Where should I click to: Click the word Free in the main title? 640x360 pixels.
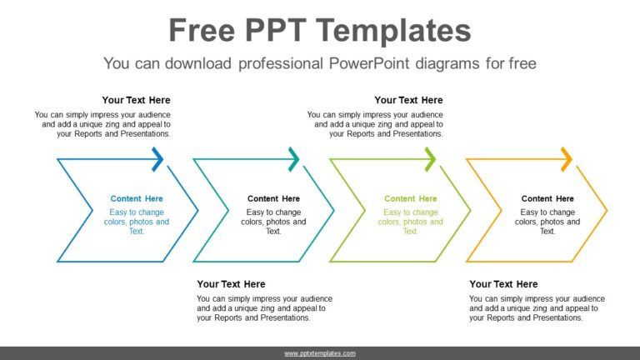tap(205, 31)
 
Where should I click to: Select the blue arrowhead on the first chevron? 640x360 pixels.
tap(157, 158)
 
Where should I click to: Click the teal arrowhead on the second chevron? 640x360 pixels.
tap(293, 158)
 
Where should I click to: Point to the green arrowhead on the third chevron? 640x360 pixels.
tap(430, 158)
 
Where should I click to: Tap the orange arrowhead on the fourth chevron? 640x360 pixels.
tap(567, 158)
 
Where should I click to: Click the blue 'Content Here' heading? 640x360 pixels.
tap(137, 198)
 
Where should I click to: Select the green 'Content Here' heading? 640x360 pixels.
tap(410, 198)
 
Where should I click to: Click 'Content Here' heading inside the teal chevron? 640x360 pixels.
tap(273, 198)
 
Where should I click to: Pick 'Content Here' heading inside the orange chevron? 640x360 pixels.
tap(547, 198)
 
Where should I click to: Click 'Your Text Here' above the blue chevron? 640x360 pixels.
tap(136, 100)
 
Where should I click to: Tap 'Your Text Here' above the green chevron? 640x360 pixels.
tap(408, 100)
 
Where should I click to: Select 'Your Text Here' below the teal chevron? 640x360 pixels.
tap(231, 284)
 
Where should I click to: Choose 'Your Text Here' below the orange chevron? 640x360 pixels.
tap(503, 284)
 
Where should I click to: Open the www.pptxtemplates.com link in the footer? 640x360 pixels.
tap(320, 353)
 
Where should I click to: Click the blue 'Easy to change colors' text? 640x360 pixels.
tap(137, 222)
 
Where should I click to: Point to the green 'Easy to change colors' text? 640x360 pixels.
tap(410, 222)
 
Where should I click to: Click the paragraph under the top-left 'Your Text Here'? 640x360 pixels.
tap(103, 123)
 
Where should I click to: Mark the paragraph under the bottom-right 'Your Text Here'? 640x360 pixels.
tap(537, 307)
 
